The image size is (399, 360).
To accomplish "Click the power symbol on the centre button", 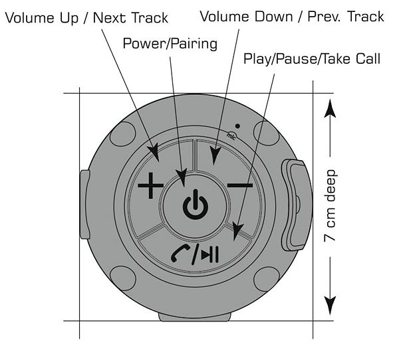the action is coord(195,205).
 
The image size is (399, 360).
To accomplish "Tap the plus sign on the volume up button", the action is coord(150,185).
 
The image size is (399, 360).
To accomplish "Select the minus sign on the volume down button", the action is coord(239,185).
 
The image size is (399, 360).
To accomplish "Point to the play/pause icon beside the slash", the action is coord(210,254).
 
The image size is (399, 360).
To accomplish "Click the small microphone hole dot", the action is coord(237,126).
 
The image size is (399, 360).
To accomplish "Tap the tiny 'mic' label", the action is coord(231,136).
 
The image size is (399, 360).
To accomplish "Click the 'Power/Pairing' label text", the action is coord(170,43).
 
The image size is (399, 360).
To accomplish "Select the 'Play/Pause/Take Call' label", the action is coord(312,59).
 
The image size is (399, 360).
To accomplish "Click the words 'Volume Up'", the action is coord(42,18).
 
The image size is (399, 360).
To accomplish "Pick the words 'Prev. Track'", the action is coord(346,17).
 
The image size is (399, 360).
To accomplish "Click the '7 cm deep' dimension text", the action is coord(330,206).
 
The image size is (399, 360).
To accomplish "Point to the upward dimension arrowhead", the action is coord(330,108).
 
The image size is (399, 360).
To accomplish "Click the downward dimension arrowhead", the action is coord(330,306).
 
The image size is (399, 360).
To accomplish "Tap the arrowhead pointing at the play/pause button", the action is coord(237,231).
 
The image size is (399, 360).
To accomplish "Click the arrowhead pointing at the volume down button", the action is coord(215,156).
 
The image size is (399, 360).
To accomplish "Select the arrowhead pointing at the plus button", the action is coord(154,153).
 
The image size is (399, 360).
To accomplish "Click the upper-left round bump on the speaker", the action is coord(122,134).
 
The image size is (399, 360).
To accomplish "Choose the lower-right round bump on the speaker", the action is coord(267,279).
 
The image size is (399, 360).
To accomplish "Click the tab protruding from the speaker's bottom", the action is coord(195,317).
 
